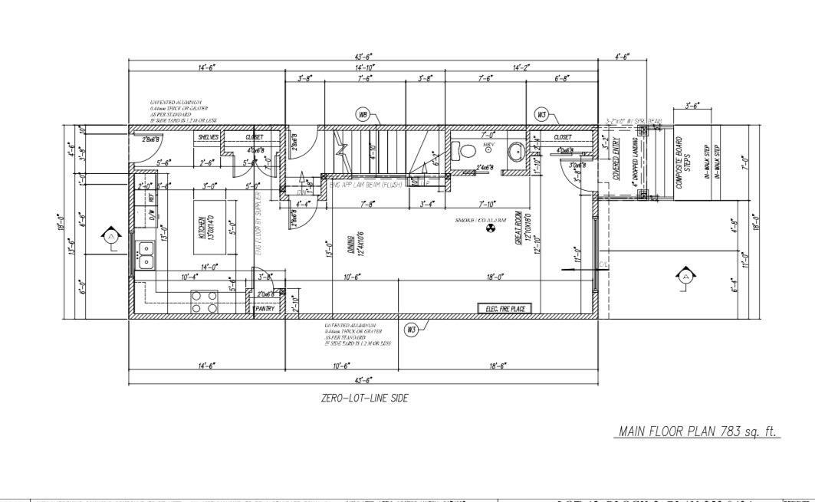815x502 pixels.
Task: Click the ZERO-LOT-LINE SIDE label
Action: [364, 398]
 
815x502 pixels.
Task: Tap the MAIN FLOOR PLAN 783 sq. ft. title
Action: [698, 431]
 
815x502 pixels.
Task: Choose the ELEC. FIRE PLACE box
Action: [504, 308]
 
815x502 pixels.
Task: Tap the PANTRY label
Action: [265, 308]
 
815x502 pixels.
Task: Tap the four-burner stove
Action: [204, 301]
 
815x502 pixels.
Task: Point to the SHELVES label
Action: [209, 137]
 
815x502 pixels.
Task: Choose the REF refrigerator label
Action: [151, 197]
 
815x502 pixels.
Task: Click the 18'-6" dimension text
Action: [497, 366]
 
